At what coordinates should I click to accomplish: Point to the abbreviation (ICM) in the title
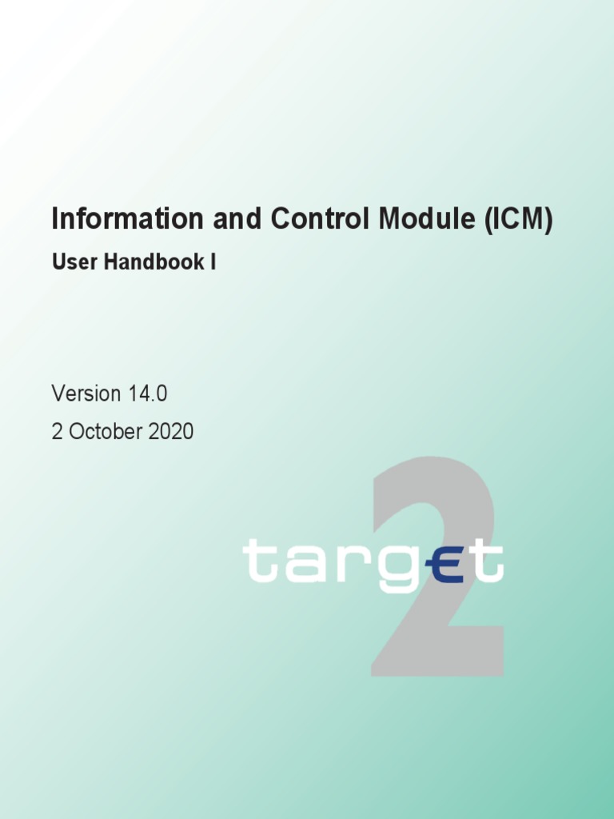coord(517,219)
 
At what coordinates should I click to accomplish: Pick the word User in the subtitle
coord(70,262)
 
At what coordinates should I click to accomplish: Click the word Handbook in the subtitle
coord(147,262)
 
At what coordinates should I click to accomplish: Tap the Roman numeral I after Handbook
coord(213,262)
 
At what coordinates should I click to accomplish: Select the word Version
coord(86,394)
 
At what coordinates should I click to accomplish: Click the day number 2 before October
coord(57,432)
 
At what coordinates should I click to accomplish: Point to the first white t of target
coord(257,560)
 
